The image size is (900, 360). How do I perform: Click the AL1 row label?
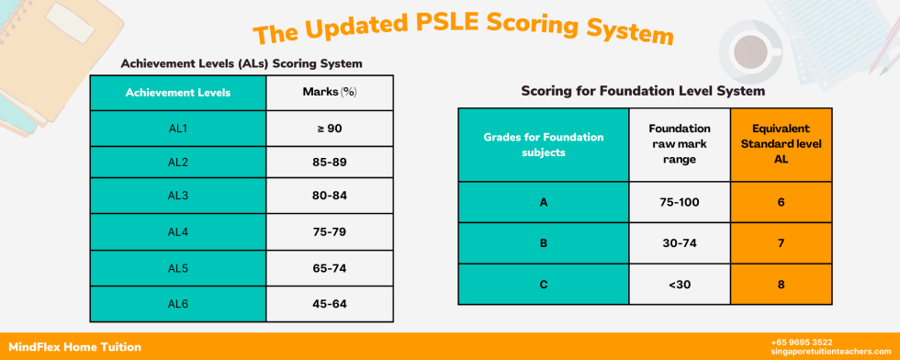[177, 129]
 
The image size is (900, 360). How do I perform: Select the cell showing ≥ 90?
[329, 129]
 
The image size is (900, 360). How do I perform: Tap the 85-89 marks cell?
[329, 163]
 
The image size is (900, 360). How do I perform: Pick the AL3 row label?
[177, 197]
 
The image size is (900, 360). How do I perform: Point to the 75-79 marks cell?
[329, 231]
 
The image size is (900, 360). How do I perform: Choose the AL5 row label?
[177, 268]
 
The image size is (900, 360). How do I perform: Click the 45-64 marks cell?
[329, 303]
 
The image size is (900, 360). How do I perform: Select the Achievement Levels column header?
[177, 93]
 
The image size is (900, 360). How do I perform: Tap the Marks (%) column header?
[329, 93]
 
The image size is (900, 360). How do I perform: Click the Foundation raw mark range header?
[680, 144]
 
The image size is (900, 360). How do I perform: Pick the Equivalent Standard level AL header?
[781, 144]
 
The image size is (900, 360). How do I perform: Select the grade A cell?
[544, 201]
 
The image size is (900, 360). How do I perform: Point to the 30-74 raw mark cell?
[680, 242]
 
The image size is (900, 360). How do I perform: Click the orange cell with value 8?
[781, 285]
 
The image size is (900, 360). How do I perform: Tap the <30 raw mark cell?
[680, 285]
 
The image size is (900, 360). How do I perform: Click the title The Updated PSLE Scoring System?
[463, 28]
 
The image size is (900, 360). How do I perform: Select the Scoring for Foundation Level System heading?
[643, 92]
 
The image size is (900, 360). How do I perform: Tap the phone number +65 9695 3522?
[802, 342]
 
